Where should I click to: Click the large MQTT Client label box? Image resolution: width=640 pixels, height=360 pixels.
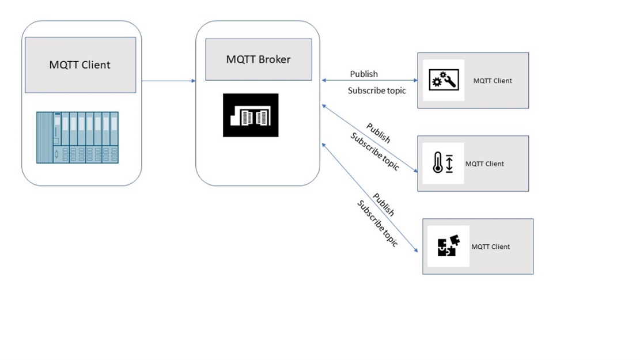coord(81,65)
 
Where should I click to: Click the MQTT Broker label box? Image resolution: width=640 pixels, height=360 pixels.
coord(258,59)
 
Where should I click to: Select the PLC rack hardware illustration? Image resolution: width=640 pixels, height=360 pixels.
coord(78,137)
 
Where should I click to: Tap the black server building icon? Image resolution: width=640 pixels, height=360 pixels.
coord(251,115)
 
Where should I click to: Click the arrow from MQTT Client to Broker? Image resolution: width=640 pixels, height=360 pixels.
coord(168,81)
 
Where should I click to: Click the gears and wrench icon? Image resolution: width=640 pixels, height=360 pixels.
coord(444,80)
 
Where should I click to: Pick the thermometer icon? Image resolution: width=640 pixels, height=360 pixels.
coord(443,163)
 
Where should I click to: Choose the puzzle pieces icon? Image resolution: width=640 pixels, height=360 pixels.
coord(446,246)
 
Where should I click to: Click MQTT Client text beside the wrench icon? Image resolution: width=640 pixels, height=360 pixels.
coord(493,81)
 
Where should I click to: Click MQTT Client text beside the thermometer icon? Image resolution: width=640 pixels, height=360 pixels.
coord(484,164)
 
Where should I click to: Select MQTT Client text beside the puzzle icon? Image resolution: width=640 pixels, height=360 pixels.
coord(491,247)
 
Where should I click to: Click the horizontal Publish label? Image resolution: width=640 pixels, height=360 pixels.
coord(364,74)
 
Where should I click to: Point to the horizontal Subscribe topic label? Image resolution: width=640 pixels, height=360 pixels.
coord(377,90)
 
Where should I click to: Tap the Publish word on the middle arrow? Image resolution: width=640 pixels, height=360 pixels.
coord(378,132)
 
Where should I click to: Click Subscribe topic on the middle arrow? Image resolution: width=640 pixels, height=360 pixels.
coord(374,151)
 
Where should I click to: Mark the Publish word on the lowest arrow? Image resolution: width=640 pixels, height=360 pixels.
coord(383,204)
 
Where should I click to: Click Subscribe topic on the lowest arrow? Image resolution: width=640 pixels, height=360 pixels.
coord(377,223)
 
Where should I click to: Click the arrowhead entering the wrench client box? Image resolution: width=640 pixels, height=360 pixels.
coord(415,81)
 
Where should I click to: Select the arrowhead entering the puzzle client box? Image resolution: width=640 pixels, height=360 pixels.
coord(415,251)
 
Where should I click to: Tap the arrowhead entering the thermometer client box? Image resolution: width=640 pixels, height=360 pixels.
coord(415,171)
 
